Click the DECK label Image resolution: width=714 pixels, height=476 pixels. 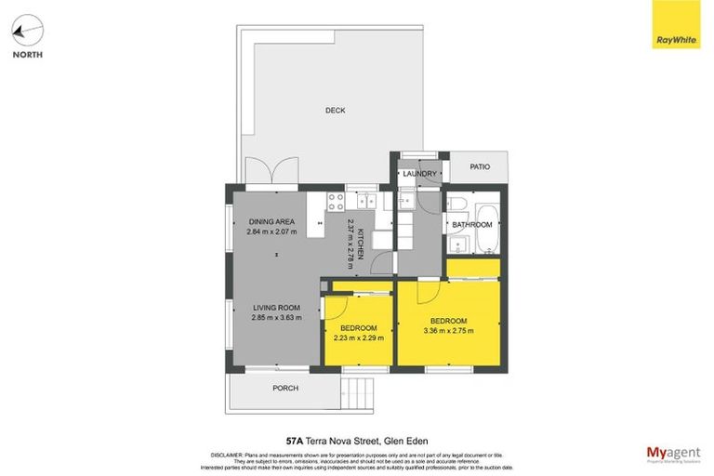(335, 111)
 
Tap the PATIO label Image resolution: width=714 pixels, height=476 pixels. (479, 167)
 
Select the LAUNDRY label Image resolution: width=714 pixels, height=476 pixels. (419, 173)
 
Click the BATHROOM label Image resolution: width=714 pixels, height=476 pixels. (472, 225)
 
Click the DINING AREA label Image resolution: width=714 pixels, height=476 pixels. (271, 221)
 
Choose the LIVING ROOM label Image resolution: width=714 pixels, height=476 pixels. (276, 308)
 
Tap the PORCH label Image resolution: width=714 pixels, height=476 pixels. (284, 389)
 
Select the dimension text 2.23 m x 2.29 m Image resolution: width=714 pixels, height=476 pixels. (358, 337)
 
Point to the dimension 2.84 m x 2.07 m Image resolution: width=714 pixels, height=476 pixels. (271, 231)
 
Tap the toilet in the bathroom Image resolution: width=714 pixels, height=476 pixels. (456, 204)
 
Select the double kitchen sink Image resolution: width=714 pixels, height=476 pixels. (364, 200)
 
